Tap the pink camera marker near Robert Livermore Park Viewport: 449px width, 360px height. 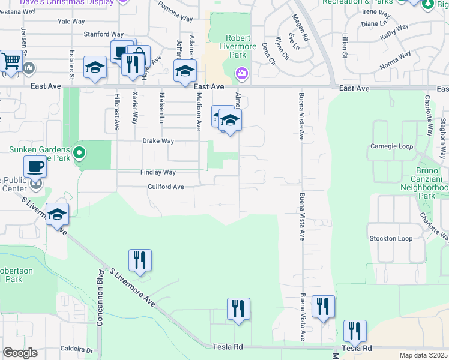(x=241, y=73)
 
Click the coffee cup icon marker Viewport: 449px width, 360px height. (x=34, y=166)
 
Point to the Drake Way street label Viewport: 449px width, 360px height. (x=158, y=141)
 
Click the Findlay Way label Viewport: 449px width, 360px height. (x=158, y=172)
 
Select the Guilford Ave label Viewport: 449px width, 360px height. (x=166, y=187)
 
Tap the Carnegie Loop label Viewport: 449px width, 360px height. (x=391, y=146)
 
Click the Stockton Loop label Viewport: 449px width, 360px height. (x=391, y=238)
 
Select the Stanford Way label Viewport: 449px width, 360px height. (x=103, y=34)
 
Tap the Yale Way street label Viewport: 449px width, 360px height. (x=71, y=21)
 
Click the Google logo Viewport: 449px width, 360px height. (x=20, y=353)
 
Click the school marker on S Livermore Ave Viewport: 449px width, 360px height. (x=57, y=214)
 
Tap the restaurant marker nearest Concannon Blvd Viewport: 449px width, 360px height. (x=140, y=260)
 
